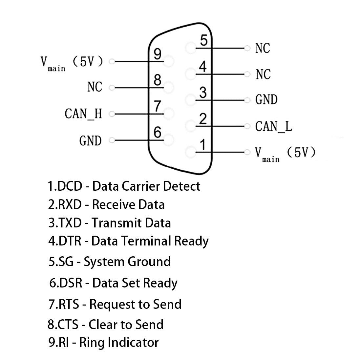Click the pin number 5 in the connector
(204, 41)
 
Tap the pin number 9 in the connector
(158, 54)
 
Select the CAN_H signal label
(83, 114)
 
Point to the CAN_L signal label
(273, 126)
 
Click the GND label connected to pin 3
(266, 100)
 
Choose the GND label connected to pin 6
(90, 141)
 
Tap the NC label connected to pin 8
(95, 87)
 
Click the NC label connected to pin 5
(263, 48)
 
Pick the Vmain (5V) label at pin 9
(72, 62)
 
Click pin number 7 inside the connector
(158, 107)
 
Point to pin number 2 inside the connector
(203, 119)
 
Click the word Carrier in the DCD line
(142, 186)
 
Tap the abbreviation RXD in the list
(70, 204)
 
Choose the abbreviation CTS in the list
(68, 325)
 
